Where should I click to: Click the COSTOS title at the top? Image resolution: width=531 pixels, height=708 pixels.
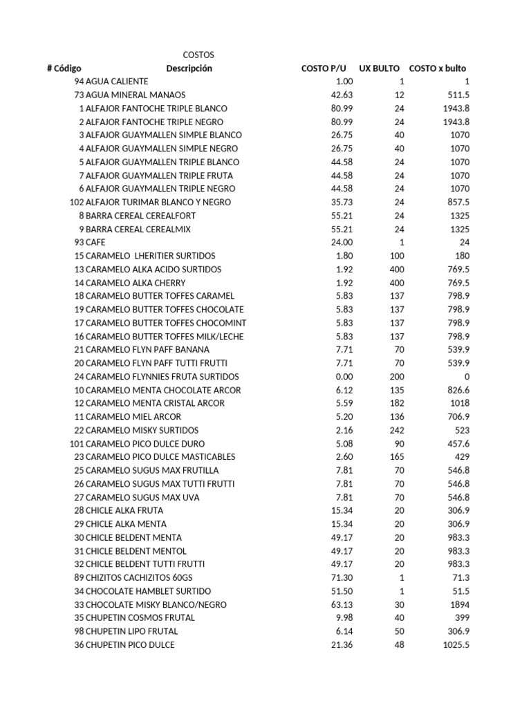tap(198, 55)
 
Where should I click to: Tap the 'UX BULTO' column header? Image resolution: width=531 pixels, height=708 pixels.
tap(379, 68)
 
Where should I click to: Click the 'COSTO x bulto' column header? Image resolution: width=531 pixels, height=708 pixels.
tap(438, 68)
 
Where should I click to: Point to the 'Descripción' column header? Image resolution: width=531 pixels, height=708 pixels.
tap(189, 68)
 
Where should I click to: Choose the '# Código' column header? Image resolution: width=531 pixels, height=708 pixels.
tap(64, 68)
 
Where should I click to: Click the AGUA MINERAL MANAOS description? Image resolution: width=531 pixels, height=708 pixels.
tap(136, 95)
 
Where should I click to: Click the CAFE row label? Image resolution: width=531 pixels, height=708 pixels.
tap(95, 242)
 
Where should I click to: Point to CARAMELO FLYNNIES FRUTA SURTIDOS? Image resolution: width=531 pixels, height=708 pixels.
tap(162, 377)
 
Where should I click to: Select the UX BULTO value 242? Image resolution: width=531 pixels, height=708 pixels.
tap(397, 430)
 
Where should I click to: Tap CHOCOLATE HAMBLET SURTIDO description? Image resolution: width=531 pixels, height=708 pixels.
tap(149, 591)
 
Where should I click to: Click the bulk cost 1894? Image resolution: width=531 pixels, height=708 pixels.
tap(459, 604)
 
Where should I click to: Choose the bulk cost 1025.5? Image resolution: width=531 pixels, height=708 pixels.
tap(456, 645)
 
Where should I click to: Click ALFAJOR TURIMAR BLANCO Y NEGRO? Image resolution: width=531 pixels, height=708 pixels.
tap(158, 202)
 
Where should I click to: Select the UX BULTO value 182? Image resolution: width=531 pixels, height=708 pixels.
tap(397, 403)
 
